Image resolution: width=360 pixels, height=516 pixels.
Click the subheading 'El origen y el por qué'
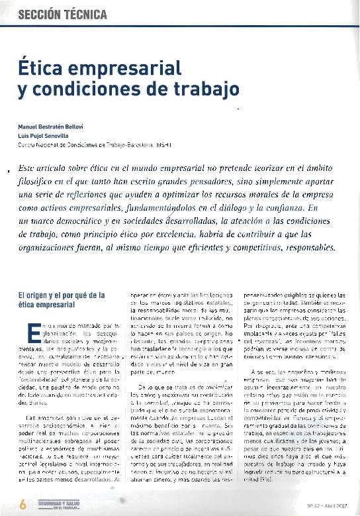pyautogui.click(x=60, y=294)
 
